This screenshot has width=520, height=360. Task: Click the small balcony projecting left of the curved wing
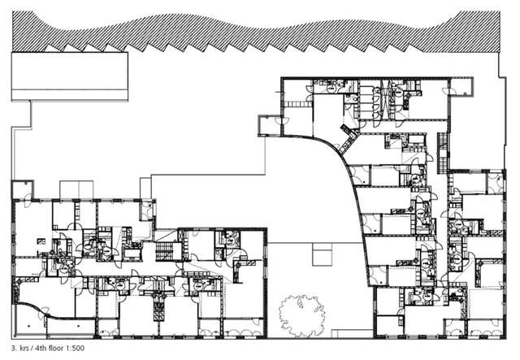269,124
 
